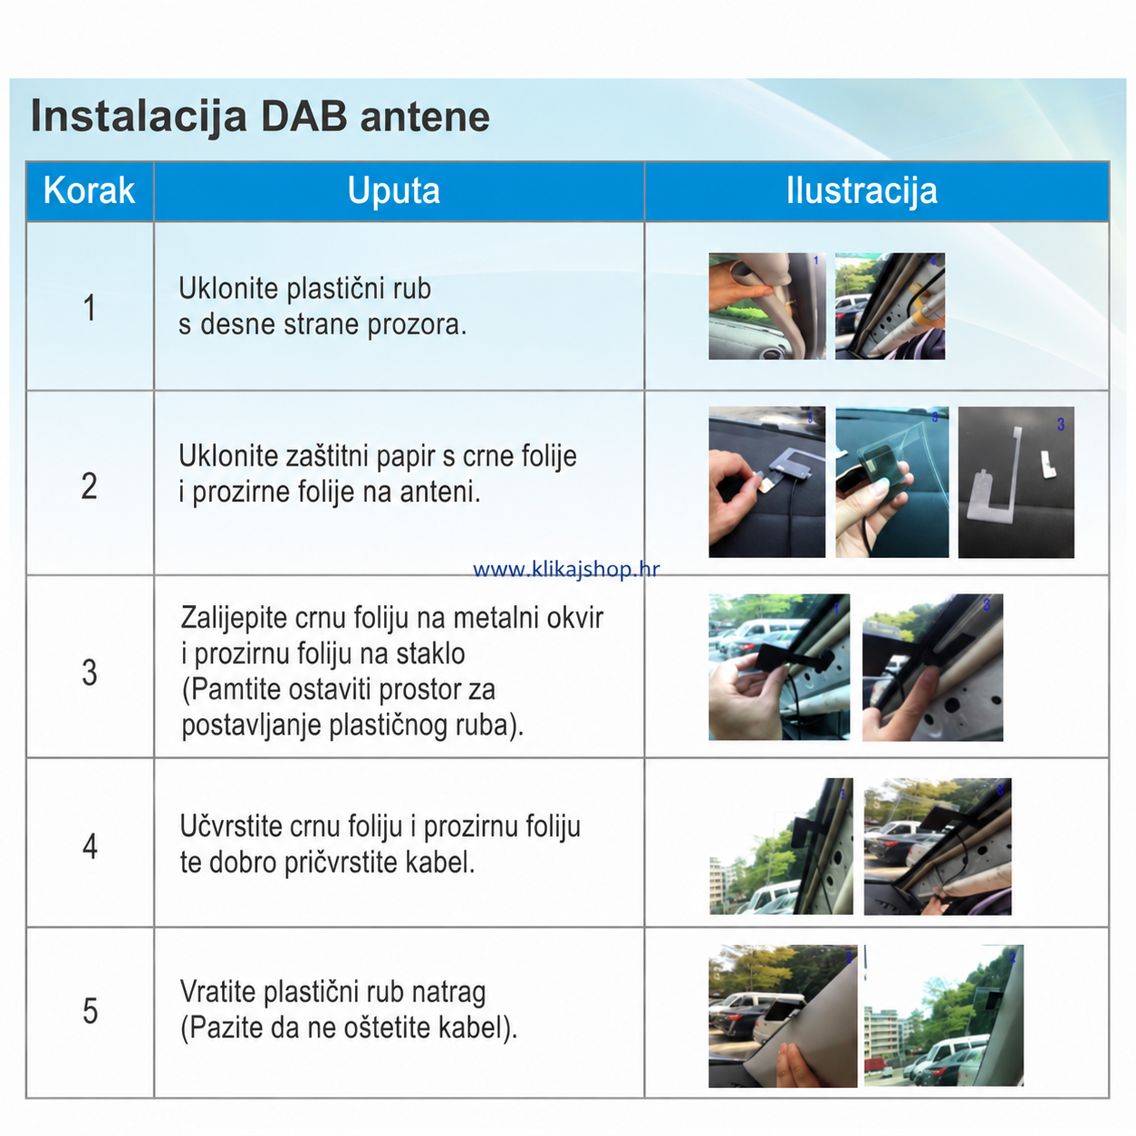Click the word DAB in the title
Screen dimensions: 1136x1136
303,116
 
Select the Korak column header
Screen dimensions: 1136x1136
89,190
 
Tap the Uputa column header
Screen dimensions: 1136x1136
394,190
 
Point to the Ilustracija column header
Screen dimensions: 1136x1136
862,190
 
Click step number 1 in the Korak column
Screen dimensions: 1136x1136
90,308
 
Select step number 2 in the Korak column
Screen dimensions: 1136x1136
89,486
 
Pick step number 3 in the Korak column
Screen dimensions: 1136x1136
90,672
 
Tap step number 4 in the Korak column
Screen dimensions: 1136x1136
90,846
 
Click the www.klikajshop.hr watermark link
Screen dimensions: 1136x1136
566,570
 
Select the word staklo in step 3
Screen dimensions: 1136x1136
430,654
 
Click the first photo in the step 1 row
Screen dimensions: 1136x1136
767,306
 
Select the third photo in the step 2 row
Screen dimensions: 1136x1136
1016,482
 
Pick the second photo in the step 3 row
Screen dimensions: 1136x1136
932,668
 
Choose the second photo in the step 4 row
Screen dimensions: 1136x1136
938,846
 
